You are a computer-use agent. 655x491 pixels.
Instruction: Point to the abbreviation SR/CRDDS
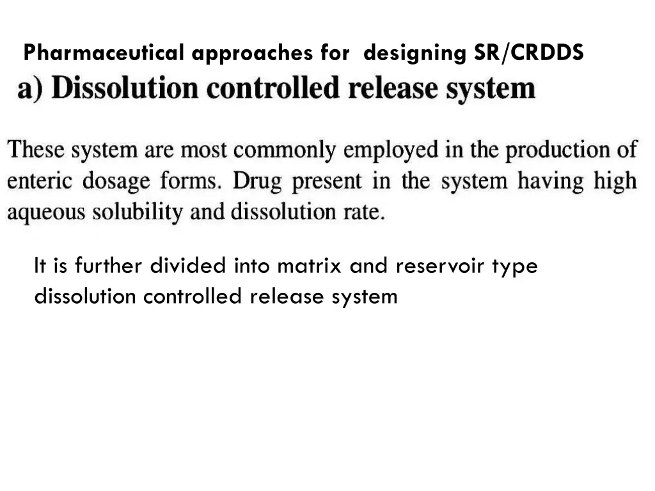coord(528,53)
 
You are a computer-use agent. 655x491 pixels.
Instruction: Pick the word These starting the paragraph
coord(36,150)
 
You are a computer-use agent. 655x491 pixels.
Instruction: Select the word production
coord(551,151)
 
